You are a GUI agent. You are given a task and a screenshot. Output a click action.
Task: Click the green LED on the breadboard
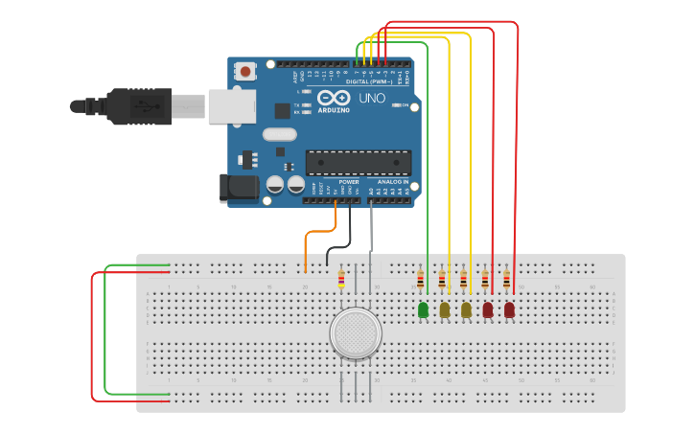423,309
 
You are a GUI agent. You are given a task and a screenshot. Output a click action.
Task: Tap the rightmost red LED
509,309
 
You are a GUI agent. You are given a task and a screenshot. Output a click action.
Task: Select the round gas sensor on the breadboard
356,332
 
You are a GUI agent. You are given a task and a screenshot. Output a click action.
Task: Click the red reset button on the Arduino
246,71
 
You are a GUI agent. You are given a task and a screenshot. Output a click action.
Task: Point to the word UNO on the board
372,98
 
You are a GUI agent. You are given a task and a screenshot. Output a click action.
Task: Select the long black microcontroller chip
358,162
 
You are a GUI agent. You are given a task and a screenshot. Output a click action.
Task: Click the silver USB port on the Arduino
231,105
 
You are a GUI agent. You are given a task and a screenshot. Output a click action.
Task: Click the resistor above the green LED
420,281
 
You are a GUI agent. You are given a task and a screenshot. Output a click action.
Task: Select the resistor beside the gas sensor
341,279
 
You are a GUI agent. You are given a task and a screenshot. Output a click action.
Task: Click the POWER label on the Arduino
349,181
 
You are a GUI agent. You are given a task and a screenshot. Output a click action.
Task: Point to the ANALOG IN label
393,181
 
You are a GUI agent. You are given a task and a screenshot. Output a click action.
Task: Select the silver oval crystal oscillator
279,134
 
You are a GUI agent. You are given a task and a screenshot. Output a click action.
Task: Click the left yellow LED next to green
445,309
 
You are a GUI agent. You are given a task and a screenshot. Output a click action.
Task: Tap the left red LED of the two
488,309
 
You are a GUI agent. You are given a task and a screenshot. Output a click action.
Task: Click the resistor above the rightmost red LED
506,281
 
